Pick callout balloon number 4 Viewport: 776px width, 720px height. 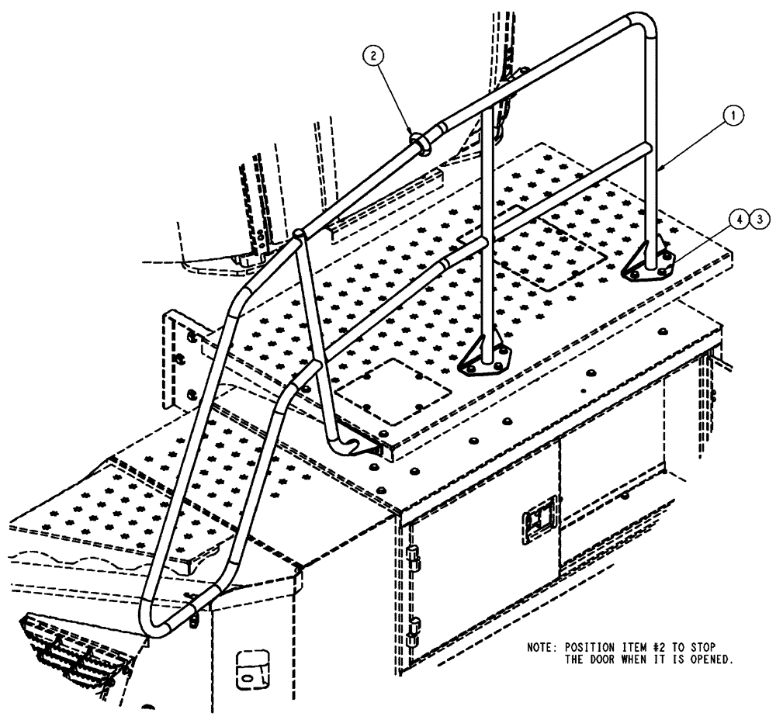pyautogui.click(x=740, y=220)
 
